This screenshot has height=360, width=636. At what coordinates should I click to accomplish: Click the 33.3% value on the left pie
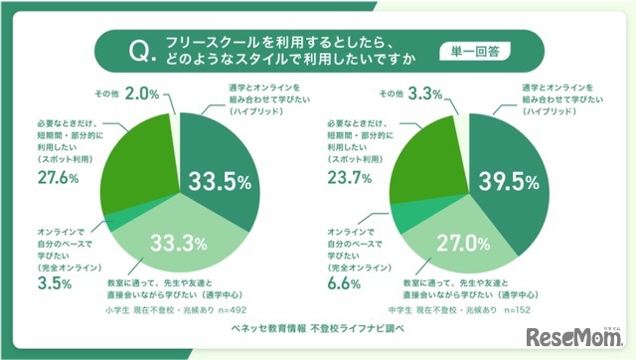pos(180,241)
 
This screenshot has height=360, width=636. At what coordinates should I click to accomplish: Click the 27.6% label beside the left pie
pos(57,177)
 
